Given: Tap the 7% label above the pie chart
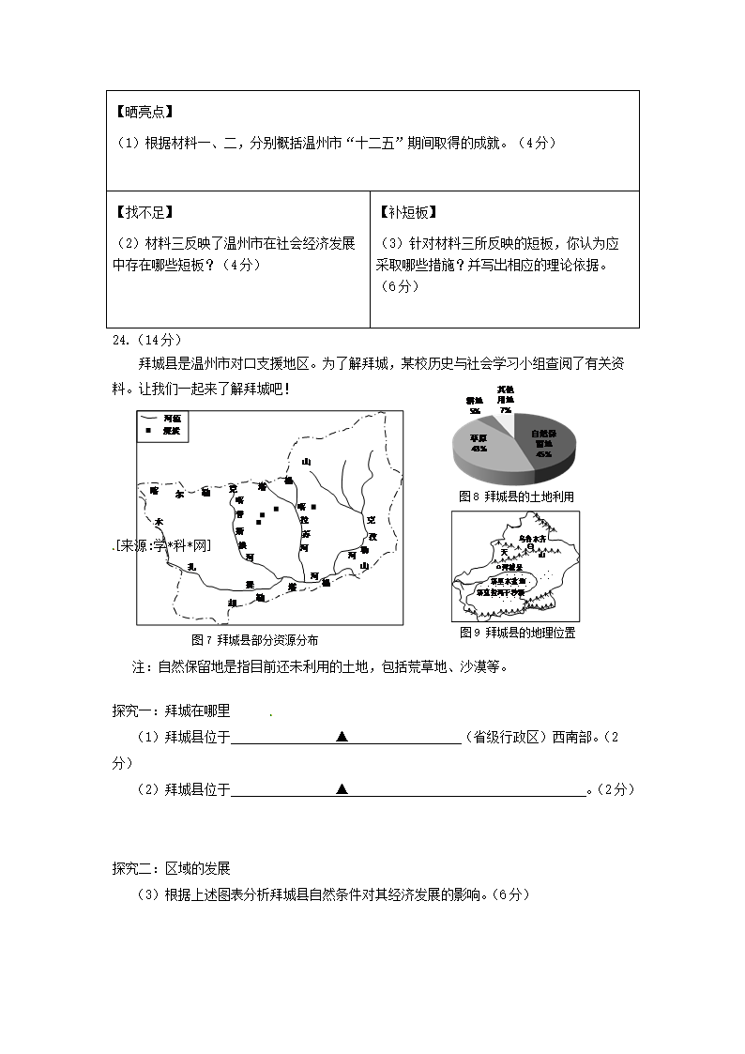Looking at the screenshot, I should pyautogui.click(x=506, y=410).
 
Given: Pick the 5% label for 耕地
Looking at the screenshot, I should pyautogui.click(x=476, y=411).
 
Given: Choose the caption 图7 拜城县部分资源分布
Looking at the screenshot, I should pyautogui.click(x=254, y=640).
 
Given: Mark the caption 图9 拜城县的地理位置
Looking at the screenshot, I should pyautogui.click(x=517, y=633).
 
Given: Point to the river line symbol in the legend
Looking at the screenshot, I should pyautogui.click(x=149, y=418).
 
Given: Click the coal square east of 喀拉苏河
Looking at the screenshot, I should pyautogui.click(x=314, y=507).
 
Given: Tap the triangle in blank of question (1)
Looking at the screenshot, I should pyautogui.click(x=342, y=737).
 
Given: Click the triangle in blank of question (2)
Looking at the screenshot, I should pyautogui.click(x=342, y=789).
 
